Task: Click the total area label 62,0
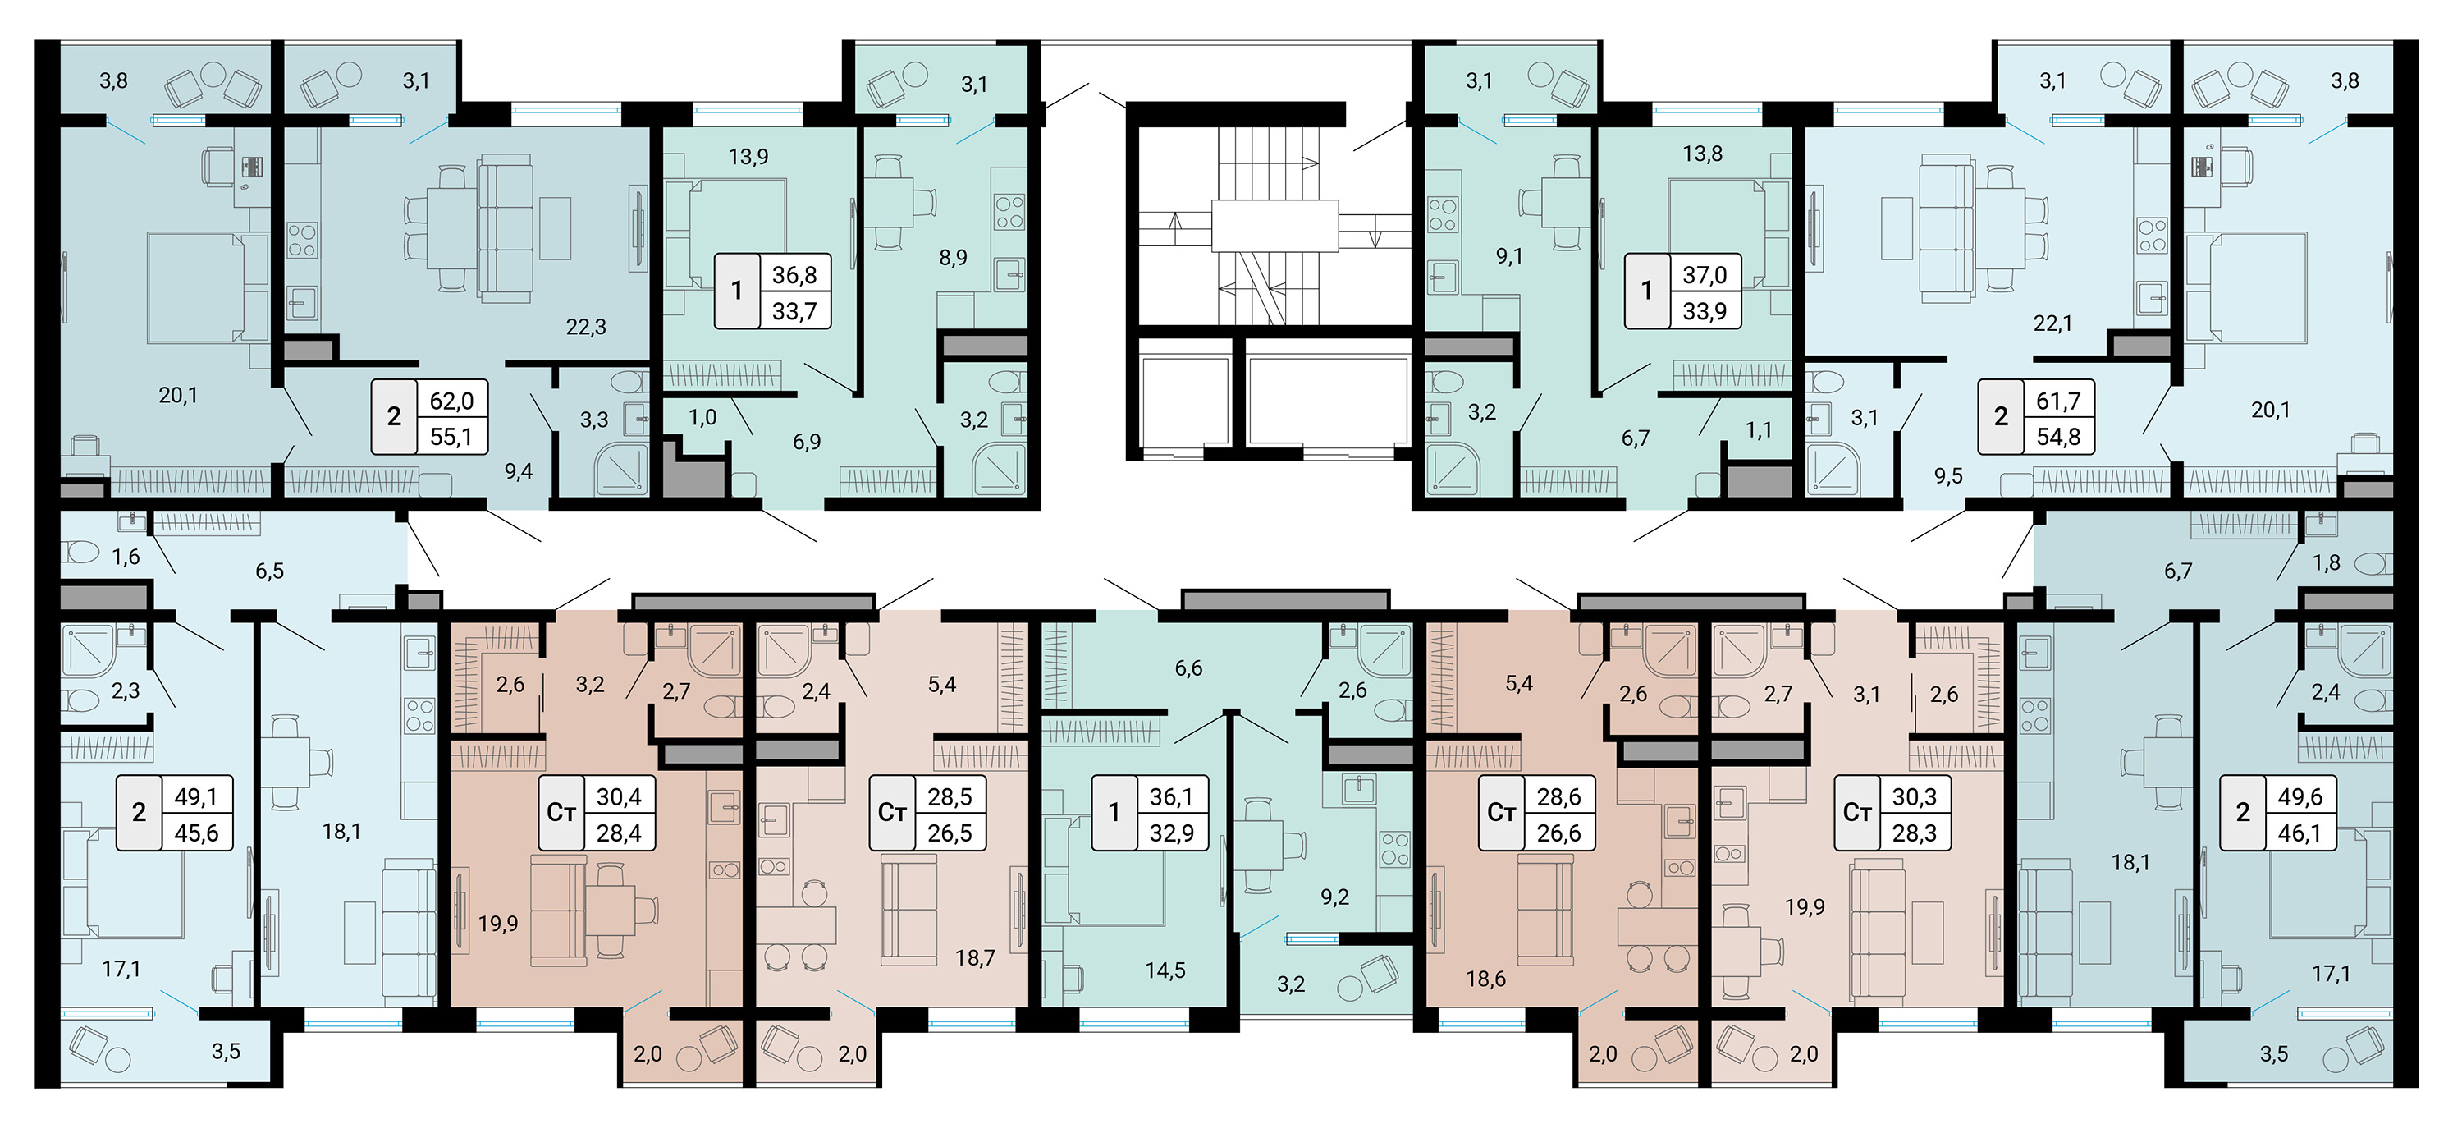coord(452,401)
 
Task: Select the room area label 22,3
coord(586,327)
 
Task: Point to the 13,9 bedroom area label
coord(748,157)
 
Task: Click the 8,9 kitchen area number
coord(953,257)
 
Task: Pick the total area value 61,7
coord(2057,401)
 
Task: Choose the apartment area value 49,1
coord(196,796)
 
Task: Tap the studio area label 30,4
coord(618,796)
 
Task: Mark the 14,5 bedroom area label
coord(1165,971)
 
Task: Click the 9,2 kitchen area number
coord(1335,897)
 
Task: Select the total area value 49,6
coord(2300,796)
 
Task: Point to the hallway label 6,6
coord(1189,668)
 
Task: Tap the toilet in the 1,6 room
coord(80,553)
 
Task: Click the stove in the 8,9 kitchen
coord(1009,211)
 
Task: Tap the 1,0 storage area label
coord(702,418)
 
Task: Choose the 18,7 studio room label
coord(975,957)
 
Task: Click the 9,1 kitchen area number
coord(1509,256)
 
